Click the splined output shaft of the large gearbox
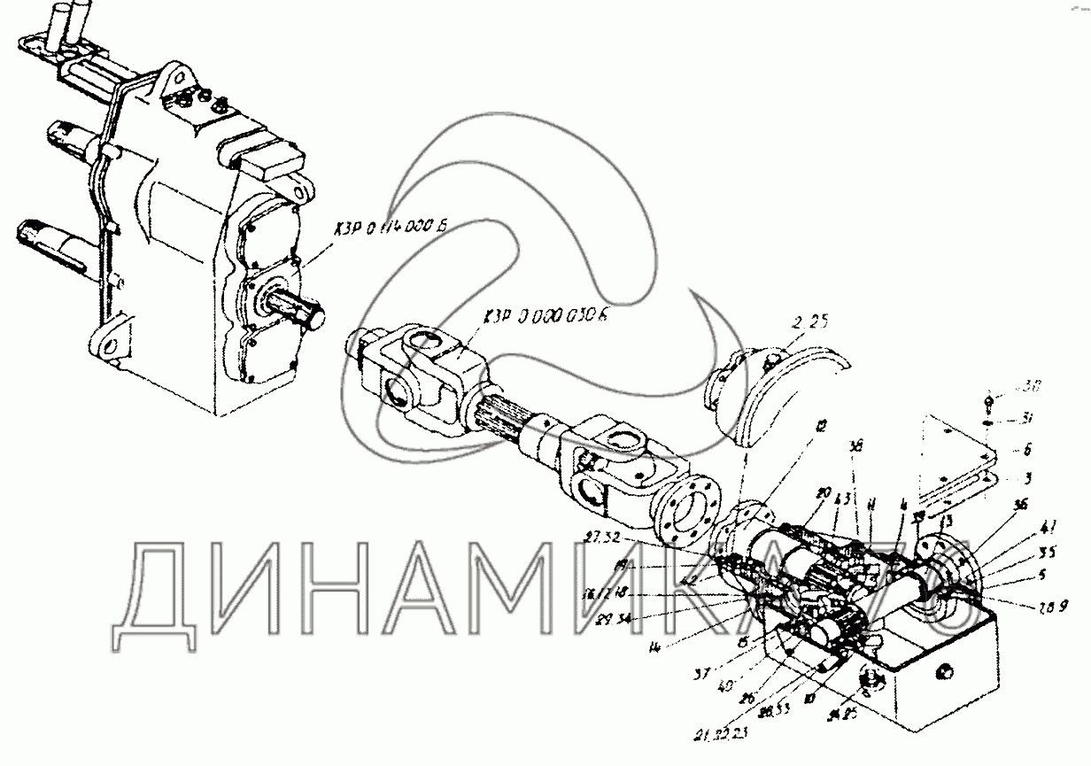[303, 315]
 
